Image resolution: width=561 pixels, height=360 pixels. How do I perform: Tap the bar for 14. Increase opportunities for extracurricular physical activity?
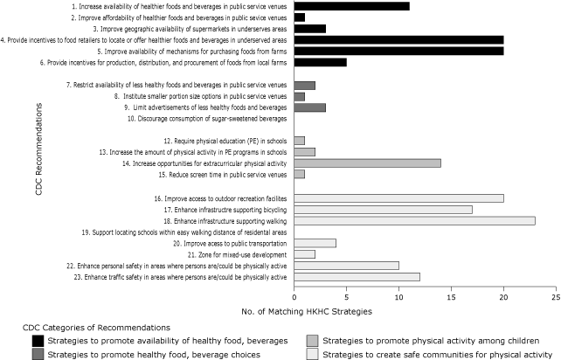pos(367,163)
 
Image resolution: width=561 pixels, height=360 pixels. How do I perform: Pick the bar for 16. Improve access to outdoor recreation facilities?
pos(398,198)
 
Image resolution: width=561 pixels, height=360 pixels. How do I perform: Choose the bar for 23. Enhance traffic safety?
pos(357,277)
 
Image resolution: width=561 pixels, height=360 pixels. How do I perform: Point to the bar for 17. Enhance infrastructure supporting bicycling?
pos(383,210)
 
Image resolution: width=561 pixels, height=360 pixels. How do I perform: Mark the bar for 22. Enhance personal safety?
pos(346,266)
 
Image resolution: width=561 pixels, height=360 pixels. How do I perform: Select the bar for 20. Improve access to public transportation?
pos(315,244)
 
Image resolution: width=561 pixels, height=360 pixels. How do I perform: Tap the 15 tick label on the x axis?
pos(451,298)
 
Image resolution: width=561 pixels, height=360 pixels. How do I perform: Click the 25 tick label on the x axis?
pos(556,298)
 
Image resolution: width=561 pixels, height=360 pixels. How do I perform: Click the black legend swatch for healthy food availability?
pos(38,340)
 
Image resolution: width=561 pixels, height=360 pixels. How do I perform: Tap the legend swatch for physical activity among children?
pos(312,340)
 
